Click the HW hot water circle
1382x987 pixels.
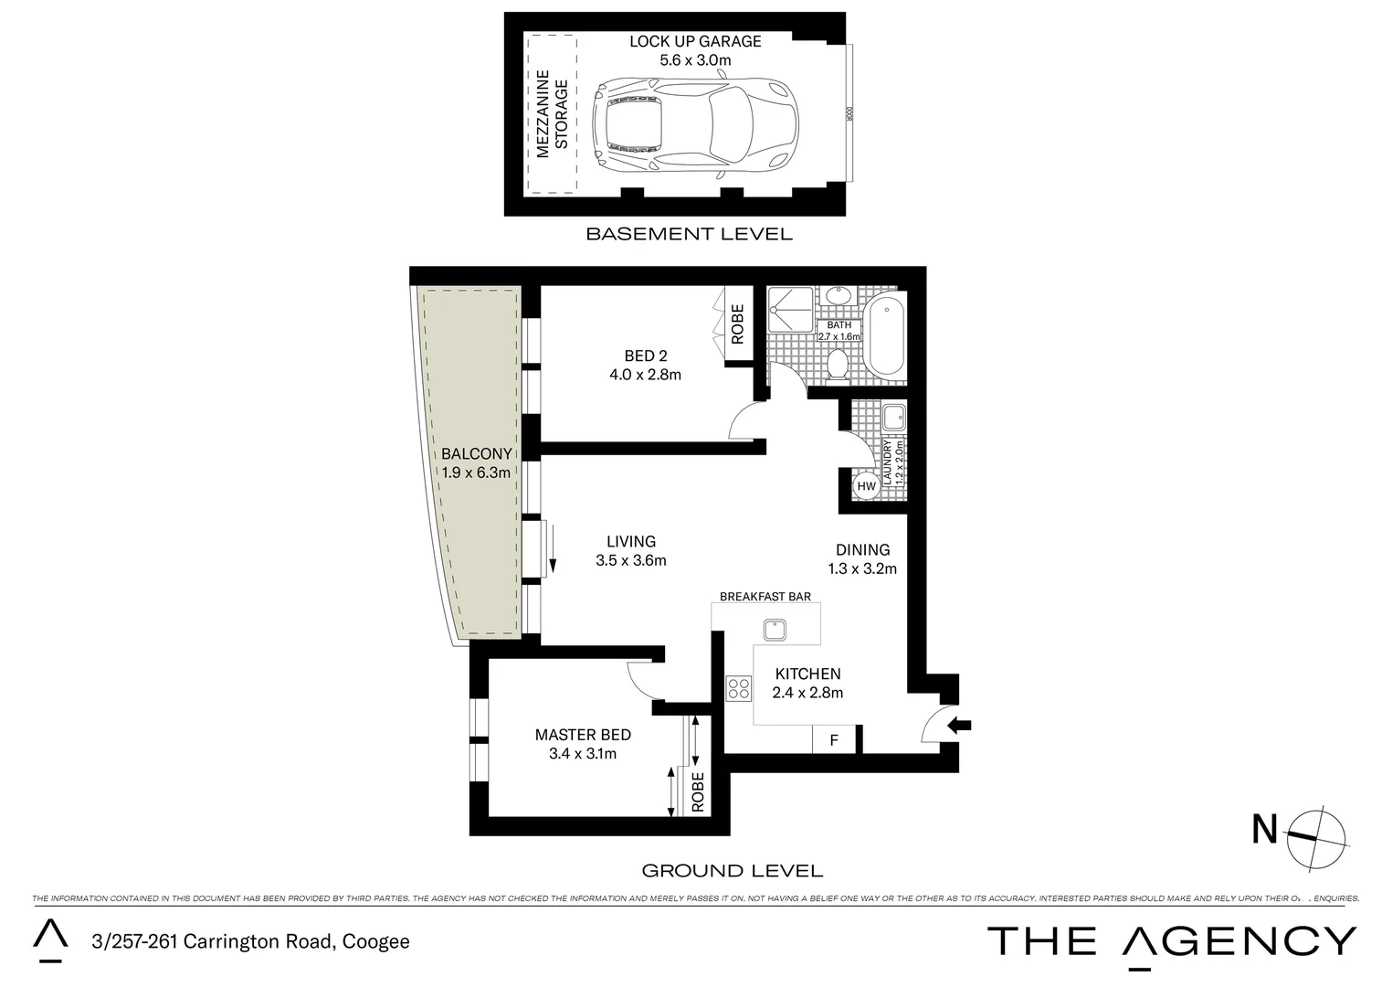click(866, 487)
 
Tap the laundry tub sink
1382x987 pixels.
click(892, 418)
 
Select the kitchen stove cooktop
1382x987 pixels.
click(738, 689)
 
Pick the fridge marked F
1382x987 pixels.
click(833, 740)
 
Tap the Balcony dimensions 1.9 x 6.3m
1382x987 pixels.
click(475, 472)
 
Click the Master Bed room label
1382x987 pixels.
click(583, 735)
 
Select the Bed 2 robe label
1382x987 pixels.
click(737, 324)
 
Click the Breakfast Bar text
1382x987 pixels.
click(765, 597)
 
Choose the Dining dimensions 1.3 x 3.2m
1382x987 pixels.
click(862, 568)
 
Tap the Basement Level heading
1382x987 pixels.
click(689, 234)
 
